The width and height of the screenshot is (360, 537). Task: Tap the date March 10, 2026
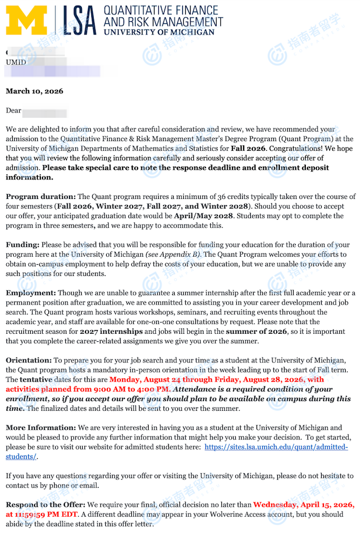tap(35, 91)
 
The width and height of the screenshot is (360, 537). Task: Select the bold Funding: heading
tap(23, 245)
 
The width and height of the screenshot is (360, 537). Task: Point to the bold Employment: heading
tap(31, 293)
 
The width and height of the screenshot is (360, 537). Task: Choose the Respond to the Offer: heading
tap(45, 505)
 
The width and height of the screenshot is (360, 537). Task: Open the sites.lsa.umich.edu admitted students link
tap(276, 447)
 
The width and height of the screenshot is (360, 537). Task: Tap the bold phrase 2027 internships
tap(112, 332)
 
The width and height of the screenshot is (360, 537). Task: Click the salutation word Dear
tap(13, 111)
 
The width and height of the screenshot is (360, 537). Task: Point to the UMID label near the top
tap(16, 62)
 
